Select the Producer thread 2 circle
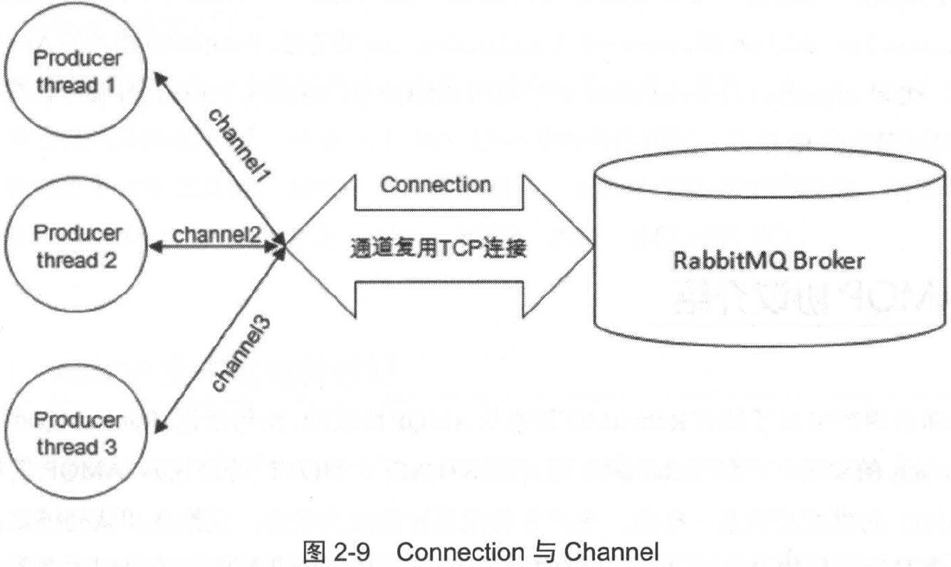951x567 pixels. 78,246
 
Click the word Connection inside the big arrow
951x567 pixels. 436,185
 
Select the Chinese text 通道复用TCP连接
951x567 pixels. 438,249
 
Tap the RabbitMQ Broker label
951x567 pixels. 769,261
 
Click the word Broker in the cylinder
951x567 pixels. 829,261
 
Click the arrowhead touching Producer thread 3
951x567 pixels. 161,426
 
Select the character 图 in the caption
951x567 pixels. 313,552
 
